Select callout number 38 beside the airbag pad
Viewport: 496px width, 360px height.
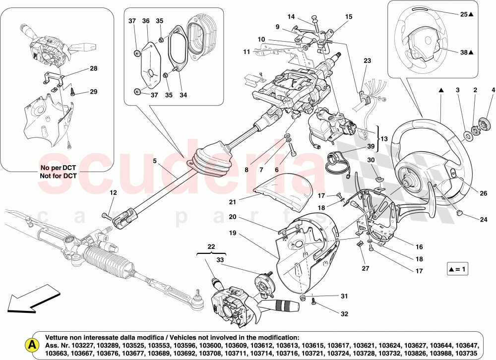coord(463,52)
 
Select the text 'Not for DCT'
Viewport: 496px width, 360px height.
coord(58,176)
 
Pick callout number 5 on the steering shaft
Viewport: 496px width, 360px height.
coord(154,161)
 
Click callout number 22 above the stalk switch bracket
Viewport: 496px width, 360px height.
coord(212,247)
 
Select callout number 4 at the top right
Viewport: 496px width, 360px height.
coord(493,90)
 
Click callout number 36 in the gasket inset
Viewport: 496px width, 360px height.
coord(146,21)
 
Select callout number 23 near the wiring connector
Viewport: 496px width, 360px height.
coord(367,61)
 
